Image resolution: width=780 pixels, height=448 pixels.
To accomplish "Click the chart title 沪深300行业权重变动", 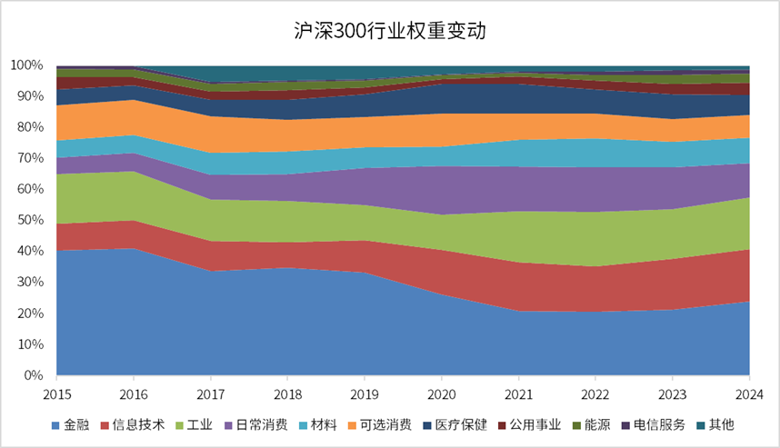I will point(390,31).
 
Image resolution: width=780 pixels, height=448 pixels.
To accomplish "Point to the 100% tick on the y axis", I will point(26,65).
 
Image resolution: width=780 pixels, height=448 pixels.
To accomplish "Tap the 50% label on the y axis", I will point(29,220).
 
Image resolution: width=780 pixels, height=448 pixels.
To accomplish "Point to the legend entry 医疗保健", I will point(455,424).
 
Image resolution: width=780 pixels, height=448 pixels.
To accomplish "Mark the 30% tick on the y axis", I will point(29,282).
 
